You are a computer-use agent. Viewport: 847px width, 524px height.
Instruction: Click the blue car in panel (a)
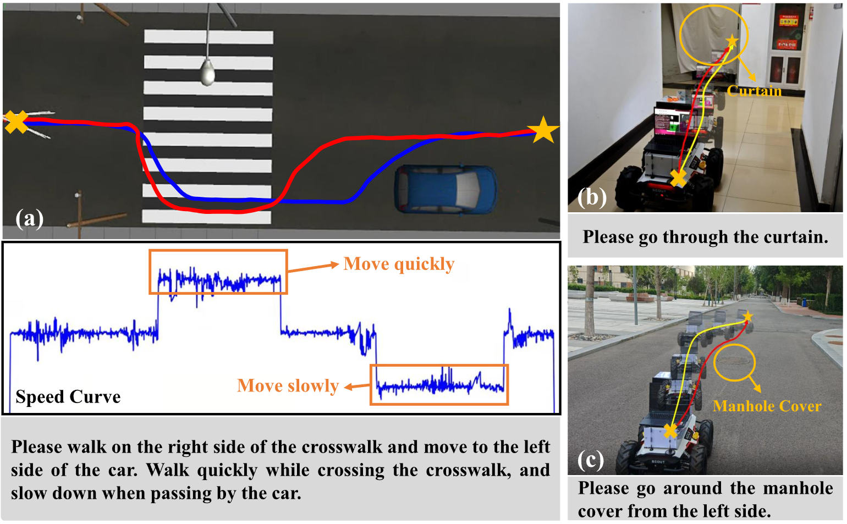(x=446, y=189)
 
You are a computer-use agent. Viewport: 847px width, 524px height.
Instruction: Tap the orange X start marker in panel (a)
(x=16, y=122)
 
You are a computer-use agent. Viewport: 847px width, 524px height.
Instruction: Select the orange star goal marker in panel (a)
(x=543, y=130)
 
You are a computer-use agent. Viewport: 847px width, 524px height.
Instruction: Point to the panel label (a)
(x=30, y=219)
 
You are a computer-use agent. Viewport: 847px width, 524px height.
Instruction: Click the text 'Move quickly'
(x=399, y=264)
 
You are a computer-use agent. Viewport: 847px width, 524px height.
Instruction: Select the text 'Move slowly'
(x=288, y=386)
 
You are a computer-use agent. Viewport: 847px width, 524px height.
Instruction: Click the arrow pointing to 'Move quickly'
(x=312, y=268)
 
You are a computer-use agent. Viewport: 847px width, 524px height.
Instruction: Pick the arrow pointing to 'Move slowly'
(x=357, y=387)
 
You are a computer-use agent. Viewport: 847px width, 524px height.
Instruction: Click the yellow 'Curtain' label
(x=754, y=91)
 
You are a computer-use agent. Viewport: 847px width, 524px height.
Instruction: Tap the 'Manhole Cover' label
(x=767, y=406)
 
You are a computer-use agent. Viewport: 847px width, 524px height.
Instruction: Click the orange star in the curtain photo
(x=732, y=41)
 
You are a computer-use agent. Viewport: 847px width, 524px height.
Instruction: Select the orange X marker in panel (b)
(x=678, y=178)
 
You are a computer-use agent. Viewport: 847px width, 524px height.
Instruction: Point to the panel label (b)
(x=592, y=197)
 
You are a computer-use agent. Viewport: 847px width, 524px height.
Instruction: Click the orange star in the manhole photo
(x=747, y=317)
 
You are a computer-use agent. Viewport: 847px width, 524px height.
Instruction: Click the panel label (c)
(x=591, y=460)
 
